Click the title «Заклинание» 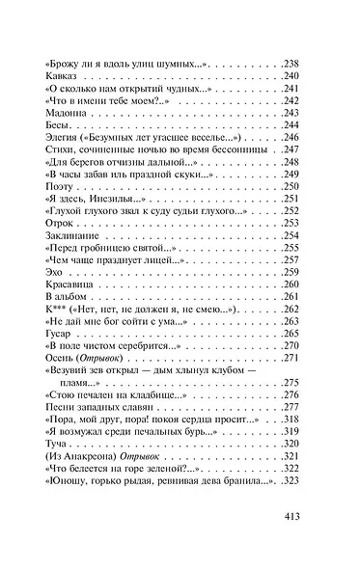72,236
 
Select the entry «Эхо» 55,273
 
